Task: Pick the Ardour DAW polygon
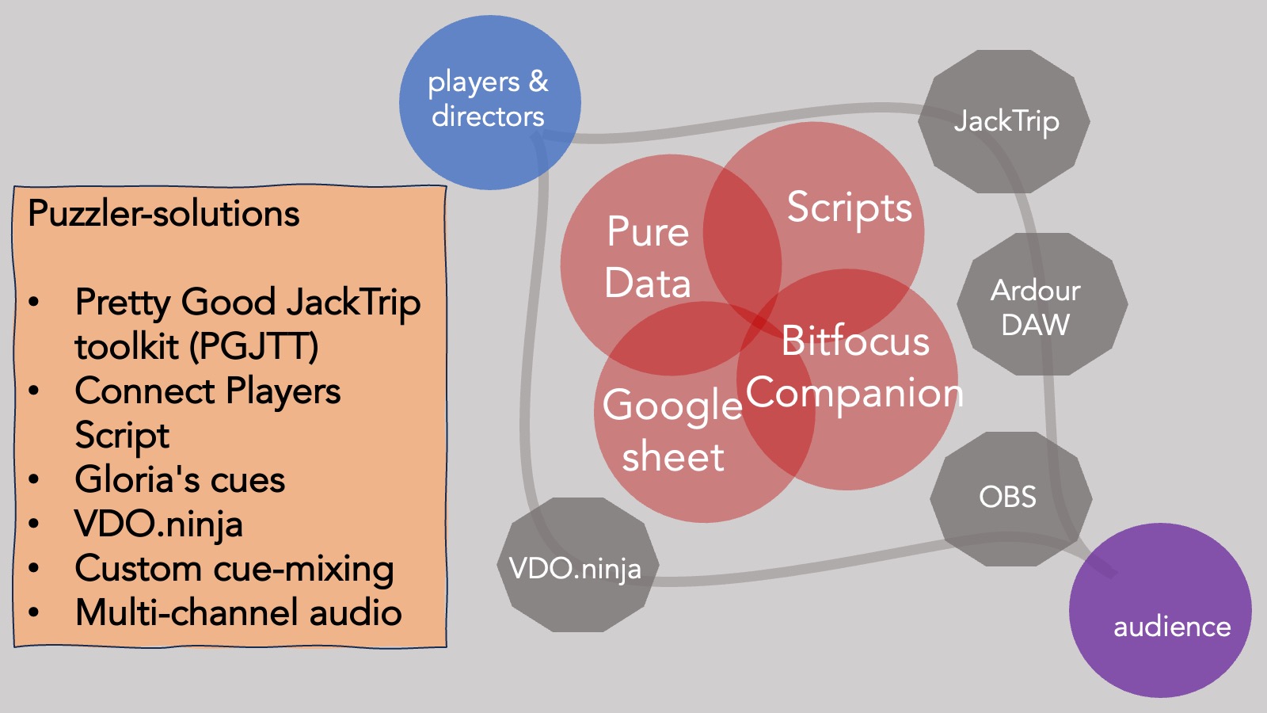coord(1041,305)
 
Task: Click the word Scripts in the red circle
coord(849,208)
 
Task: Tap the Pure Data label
coord(648,257)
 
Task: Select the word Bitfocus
coord(855,341)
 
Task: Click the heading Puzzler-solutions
coord(164,214)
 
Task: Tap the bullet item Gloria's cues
coord(180,479)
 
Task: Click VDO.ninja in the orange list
coord(158,524)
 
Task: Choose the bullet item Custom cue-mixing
coord(234,569)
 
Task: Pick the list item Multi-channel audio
coord(238,612)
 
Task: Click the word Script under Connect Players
coord(122,436)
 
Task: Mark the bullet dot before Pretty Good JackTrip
coord(34,303)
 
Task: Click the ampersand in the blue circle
coord(538,81)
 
